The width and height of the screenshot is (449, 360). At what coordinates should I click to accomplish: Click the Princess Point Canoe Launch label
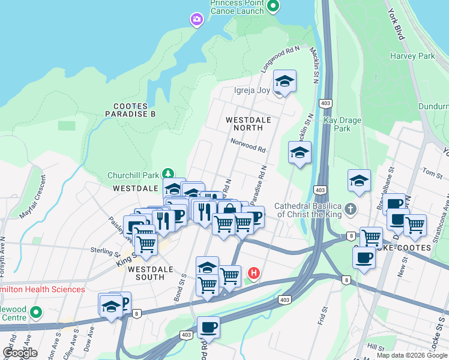(237, 7)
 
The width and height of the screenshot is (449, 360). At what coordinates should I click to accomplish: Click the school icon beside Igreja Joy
(285, 82)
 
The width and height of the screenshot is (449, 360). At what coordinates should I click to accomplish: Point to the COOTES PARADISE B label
(130, 110)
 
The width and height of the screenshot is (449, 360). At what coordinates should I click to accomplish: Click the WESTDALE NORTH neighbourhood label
(244, 124)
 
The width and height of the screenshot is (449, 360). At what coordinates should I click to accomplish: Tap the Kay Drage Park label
(342, 124)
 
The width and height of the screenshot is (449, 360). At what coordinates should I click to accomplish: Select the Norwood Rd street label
(248, 145)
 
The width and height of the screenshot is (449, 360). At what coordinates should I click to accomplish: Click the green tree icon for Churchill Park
(168, 175)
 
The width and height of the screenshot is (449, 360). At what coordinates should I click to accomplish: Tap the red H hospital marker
(253, 274)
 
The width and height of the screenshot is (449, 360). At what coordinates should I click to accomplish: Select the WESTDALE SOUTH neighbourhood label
(142, 272)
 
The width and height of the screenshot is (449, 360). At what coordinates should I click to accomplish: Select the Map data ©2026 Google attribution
(411, 355)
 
